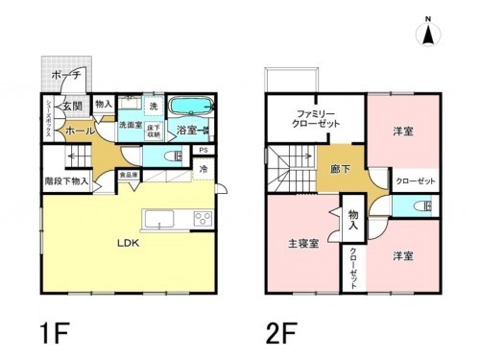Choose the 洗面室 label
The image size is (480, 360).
click(x=131, y=126)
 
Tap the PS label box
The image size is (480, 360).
click(x=204, y=151)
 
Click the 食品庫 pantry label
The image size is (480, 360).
click(x=128, y=175)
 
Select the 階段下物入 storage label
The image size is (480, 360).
click(x=67, y=180)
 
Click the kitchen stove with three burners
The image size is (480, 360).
click(x=203, y=219)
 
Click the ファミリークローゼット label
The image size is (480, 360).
click(x=317, y=119)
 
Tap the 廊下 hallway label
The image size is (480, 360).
click(x=341, y=169)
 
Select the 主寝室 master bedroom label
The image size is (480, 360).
click(x=303, y=243)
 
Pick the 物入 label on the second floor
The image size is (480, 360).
click(x=353, y=221)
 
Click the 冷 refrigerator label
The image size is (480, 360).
click(x=204, y=170)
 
